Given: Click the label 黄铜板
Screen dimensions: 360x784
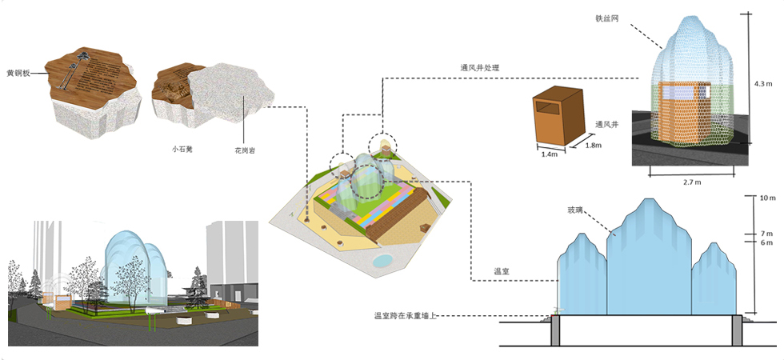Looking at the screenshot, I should click(x=18, y=72).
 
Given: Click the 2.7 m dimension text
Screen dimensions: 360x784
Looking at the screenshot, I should click(x=692, y=182).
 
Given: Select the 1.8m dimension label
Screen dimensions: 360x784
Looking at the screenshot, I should click(x=594, y=145).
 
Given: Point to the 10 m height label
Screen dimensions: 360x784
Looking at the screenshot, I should click(x=767, y=198).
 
